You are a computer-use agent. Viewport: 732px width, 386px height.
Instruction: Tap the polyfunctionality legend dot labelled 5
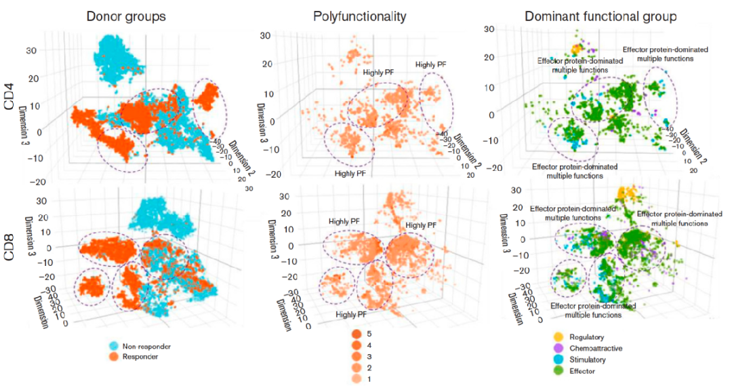pos(356,334)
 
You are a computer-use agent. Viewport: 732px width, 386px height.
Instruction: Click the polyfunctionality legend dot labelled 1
pos(356,379)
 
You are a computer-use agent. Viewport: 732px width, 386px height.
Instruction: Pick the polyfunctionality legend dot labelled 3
pos(356,356)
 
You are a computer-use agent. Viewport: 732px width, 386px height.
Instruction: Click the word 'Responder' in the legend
pos(140,356)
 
